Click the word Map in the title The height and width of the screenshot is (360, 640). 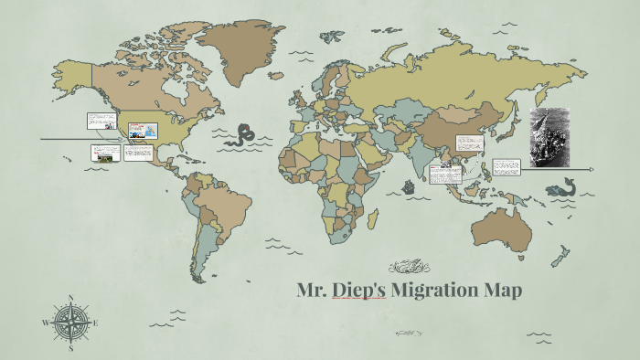pyautogui.click(x=504, y=291)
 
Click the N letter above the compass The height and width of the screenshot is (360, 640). pyautogui.click(x=71, y=297)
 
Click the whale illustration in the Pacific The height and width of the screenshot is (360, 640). pyautogui.click(x=559, y=190)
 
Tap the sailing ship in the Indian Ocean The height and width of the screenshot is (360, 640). pyautogui.click(x=410, y=194)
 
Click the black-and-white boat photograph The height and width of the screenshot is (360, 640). pyautogui.click(x=549, y=137)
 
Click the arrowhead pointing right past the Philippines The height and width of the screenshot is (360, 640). pyautogui.click(x=592, y=169)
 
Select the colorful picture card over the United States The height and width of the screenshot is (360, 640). pyautogui.click(x=144, y=131)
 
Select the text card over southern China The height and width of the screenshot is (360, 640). pyautogui.click(x=470, y=144)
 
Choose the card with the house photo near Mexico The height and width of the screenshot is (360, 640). pyautogui.click(x=106, y=154)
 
